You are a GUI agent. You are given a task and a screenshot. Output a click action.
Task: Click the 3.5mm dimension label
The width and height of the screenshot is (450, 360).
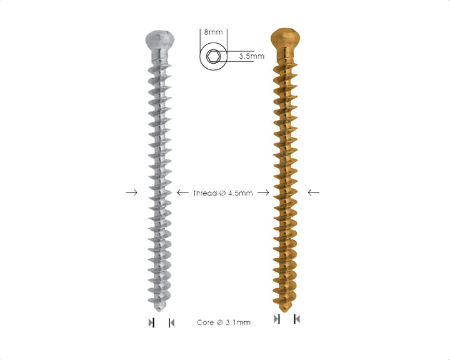point(251,56)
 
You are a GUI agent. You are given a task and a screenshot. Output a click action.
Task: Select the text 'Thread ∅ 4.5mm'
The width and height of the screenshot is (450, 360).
point(222,193)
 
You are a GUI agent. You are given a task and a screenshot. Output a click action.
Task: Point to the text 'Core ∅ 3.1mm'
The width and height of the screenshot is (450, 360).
point(224,322)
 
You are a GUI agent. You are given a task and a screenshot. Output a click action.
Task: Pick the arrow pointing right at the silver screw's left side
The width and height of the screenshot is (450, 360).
point(131,192)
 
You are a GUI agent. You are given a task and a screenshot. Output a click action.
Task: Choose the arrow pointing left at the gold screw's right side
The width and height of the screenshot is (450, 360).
point(314,192)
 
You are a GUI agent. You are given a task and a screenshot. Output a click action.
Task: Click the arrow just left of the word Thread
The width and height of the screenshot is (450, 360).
point(184,192)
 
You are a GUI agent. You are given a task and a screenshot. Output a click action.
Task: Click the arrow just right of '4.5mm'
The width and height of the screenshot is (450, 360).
point(263,192)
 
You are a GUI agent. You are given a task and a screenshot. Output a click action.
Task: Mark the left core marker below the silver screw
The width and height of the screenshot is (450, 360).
point(151,322)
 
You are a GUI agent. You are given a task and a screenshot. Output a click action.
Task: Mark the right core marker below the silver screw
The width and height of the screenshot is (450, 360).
point(171,322)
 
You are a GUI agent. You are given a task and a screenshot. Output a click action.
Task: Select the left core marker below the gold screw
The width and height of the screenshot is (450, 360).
point(277,319)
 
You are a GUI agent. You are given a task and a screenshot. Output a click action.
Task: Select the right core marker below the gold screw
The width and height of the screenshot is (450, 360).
point(297,319)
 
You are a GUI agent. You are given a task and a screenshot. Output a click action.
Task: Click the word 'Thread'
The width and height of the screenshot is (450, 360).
point(204,193)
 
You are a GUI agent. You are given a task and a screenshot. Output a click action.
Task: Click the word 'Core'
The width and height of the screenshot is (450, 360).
point(206,322)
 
